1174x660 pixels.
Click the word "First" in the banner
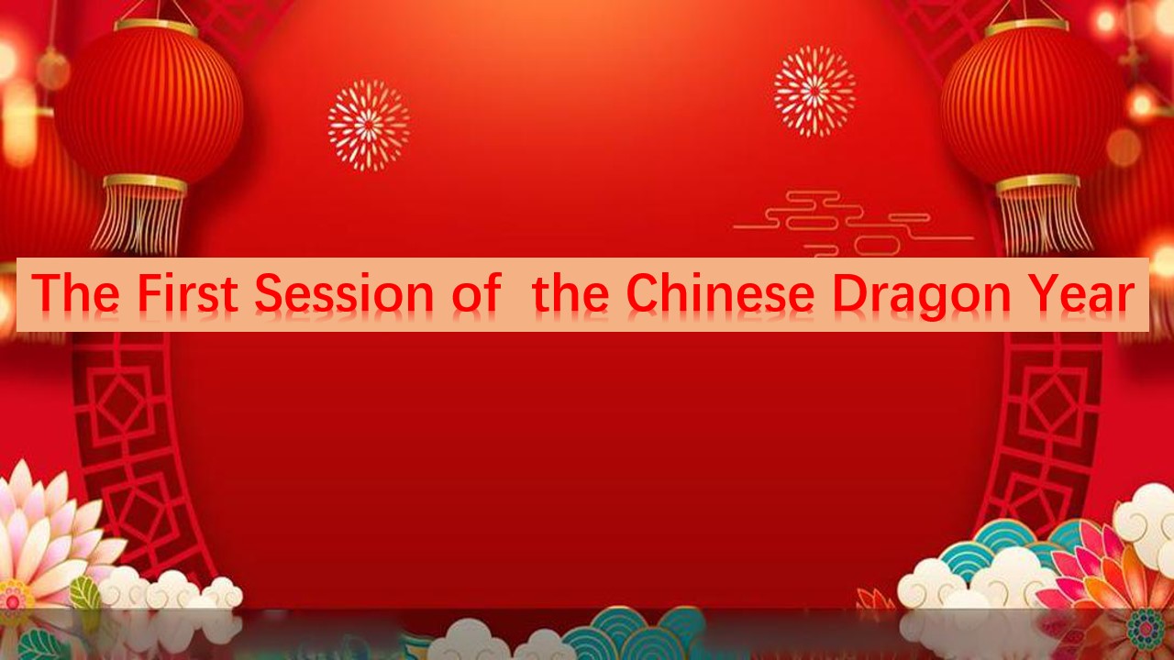(188, 292)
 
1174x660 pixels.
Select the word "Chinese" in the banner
(721, 292)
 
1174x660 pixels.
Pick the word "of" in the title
(477, 292)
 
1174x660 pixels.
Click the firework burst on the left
(369, 126)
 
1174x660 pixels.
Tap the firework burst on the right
(814, 91)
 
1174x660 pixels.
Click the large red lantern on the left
(149, 104)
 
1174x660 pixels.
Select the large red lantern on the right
(1027, 104)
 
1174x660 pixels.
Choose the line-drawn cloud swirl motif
(853, 224)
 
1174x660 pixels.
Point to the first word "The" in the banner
(75, 292)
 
